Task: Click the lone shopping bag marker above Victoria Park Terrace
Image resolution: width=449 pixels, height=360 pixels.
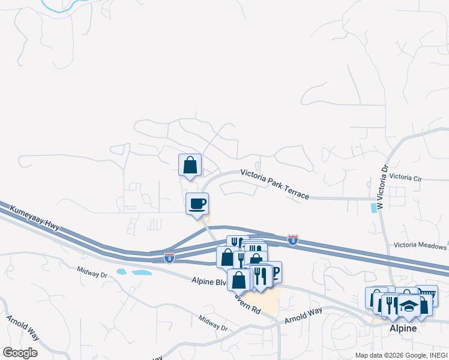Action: [x=190, y=165]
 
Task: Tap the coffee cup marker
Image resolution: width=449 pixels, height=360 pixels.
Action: [x=197, y=204]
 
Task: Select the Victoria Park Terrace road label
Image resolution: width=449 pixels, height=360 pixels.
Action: [x=274, y=184]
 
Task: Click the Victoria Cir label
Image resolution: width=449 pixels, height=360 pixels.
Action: [x=406, y=178]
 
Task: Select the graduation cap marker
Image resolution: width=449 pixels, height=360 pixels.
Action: [x=408, y=306]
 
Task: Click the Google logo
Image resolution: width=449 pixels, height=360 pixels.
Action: [x=20, y=353]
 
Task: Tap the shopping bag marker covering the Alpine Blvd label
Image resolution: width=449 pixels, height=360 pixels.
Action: [x=238, y=280]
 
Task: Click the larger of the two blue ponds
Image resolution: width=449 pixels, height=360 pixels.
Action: [x=141, y=273]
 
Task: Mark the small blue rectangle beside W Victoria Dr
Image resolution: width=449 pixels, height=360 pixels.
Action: [x=374, y=208]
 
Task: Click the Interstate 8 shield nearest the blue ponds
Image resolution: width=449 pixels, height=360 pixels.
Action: [x=169, y=258]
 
